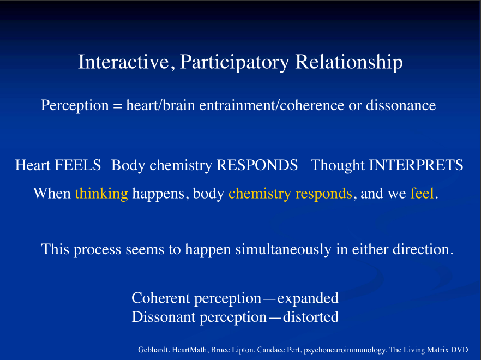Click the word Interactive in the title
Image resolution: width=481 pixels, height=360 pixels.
click(124, 62)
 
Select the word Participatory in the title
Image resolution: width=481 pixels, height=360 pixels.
click(235, 63)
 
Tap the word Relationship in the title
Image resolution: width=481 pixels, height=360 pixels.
click(349, 63)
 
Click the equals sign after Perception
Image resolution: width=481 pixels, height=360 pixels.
click(117, 106)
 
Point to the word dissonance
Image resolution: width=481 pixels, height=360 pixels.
click(401, 105)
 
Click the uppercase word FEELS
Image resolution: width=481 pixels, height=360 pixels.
click(77, 165)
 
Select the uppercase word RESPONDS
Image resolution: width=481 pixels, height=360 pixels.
click(257, 165)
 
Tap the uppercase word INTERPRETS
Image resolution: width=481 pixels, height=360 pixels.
click(416, 165)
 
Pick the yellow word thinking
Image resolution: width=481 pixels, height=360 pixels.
click(101, 194)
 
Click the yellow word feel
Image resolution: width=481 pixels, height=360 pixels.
click(422, 193)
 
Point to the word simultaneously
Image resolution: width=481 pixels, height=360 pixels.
click(283, 249)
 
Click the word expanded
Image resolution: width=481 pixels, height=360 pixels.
click(308, 298)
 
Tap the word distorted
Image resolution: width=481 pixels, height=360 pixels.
click(311, 317)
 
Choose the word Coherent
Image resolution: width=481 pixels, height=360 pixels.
click(161, 298)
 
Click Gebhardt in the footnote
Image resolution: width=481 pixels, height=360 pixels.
click(153, 350)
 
